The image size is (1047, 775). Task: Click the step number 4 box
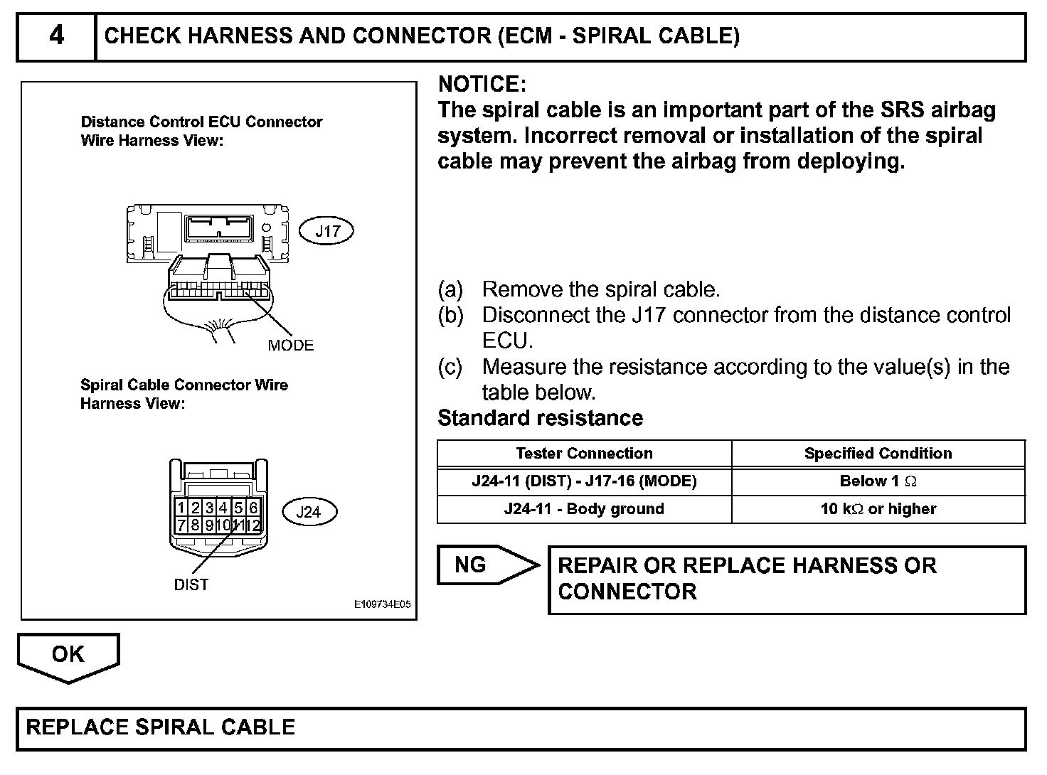point(56,36)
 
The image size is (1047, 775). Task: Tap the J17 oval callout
point(328,230)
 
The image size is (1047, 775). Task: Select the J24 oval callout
point(309,511)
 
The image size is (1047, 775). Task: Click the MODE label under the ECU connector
point(291,345)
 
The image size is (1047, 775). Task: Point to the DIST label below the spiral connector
point(191,584)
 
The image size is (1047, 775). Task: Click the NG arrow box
point(487,565)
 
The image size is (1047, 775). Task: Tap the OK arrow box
point(68,656)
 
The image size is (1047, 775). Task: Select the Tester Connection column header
point(584,454)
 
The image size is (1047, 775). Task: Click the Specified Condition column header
point(878,454)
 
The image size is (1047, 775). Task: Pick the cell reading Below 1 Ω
point(878,481)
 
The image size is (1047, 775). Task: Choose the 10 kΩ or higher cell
point(878,509)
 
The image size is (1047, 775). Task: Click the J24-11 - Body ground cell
point(584,509)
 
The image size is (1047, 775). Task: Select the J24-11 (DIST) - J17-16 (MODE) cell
point(584,481)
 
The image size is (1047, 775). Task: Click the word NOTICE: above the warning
point(482,85)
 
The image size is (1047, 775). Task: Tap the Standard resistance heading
point(540,418)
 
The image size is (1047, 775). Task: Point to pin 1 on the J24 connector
point(182,508)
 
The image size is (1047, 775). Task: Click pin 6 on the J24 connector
point(254,508)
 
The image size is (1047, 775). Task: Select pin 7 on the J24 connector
point(182,525)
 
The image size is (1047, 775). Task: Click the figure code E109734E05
point(383,605)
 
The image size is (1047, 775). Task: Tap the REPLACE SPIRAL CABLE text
point(160,727)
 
